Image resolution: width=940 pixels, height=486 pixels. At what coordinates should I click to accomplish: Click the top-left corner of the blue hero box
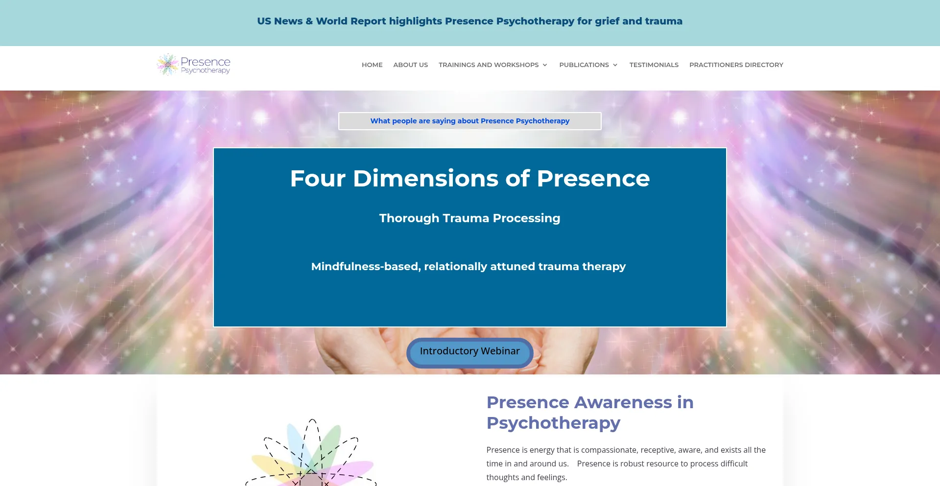[x=214, y=148]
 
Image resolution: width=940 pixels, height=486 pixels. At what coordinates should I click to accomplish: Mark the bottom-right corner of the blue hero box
[x=726, y=326]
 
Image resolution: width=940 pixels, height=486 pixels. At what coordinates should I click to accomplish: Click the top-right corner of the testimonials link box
[x=601, y=113]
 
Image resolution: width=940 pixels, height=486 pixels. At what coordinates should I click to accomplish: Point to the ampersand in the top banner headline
[x=309, y=22]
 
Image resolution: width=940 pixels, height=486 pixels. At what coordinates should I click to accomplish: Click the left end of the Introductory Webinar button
[x=407, y=353]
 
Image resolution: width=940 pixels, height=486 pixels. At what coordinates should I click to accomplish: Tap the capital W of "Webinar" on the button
[x=487, y=351]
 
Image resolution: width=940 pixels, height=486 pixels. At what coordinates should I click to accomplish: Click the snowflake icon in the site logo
[x=167, y=65]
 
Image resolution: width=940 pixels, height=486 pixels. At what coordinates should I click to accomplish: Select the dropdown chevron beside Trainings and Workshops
[x=545, y=65]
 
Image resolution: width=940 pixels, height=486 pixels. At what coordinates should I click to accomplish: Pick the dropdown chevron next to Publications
[x=615, y=65]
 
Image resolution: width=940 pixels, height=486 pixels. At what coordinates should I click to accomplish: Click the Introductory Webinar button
[x=470, y=353]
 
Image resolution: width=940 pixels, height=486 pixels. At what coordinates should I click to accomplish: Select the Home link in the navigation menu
[x=372, y=65]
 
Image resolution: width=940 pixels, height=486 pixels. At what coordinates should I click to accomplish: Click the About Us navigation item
[x=410, y=65]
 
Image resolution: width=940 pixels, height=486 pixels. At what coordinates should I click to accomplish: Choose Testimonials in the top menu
[x=654, y=65]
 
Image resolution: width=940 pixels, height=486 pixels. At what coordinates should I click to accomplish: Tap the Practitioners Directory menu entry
[x=736, y=65]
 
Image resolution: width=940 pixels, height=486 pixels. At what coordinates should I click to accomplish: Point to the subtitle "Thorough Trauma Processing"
[x=470, y=218]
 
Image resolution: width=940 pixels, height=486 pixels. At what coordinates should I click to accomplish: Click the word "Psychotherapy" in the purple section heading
[x=553, y=423]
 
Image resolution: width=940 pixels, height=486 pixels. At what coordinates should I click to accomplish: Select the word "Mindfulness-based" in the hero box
[x=366, y=267]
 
